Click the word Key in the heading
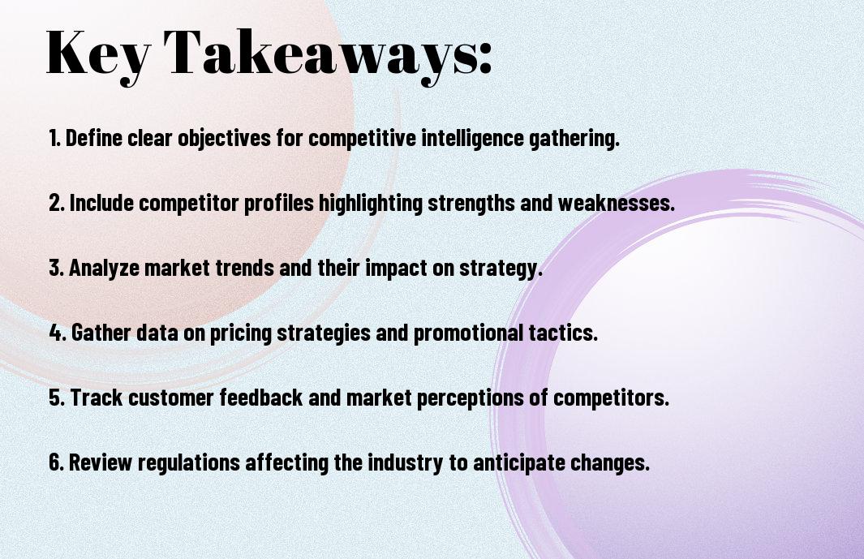click(98, 54)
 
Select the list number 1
click(54, 138)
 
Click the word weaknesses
click(616, 203)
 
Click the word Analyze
click(104, 269)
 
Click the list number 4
click(58, 333)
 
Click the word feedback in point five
click(261, 398)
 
